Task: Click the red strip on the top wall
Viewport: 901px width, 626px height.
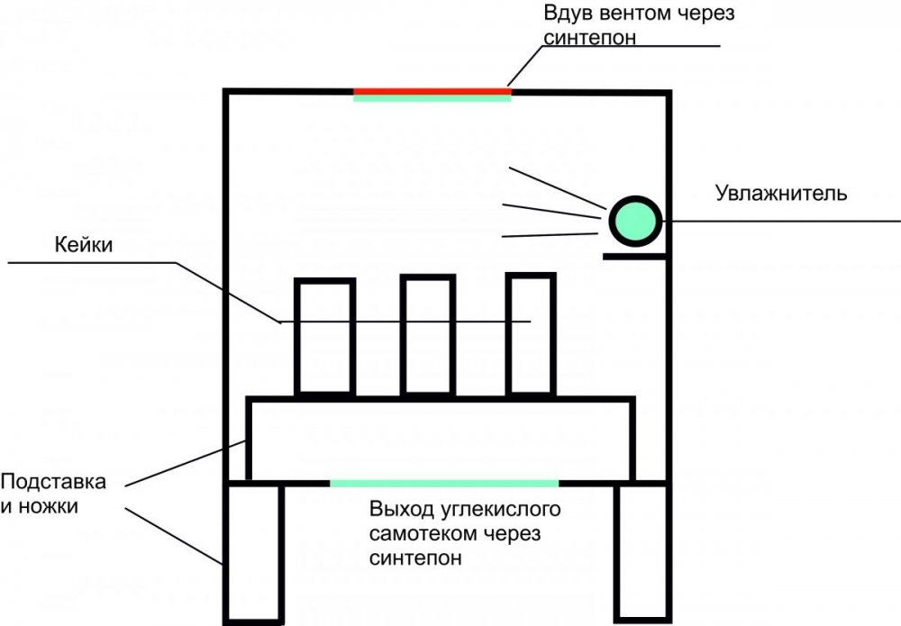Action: (x=432, y=91)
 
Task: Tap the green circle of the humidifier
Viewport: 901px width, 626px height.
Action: (x=635, y=221)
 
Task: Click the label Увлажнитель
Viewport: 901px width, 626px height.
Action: (x=781, y=194)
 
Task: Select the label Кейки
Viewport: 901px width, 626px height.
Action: (x=83, y=245)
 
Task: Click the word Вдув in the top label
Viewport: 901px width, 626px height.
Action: (x=566, y=14)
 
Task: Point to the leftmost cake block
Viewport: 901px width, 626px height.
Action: (x=296, y=337)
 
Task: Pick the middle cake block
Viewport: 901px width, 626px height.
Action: (x=403, y=335)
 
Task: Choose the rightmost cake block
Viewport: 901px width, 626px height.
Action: (x=508, y=335)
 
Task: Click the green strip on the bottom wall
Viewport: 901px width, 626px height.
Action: (x=443, y=484)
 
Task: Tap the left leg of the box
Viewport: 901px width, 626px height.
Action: (x=225, y=555)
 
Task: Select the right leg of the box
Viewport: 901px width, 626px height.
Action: (x=618, y=553)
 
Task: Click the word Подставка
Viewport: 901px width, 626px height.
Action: (x=53, y=481)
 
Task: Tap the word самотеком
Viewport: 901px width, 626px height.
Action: (x=423, y=534)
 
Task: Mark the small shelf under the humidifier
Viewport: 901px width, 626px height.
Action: (x=634, y=257)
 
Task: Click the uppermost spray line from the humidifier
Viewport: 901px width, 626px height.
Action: (x=558, y=187)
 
